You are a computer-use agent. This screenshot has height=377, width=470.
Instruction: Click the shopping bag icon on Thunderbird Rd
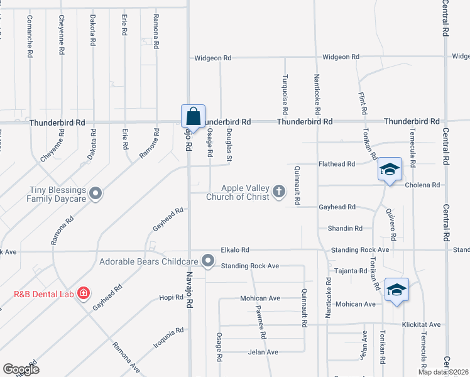(193, 116)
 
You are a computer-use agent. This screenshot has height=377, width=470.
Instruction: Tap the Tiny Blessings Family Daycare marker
(96, 193)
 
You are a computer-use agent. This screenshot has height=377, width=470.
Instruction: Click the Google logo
(21, 369)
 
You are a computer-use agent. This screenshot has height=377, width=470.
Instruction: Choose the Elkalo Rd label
(235, 249)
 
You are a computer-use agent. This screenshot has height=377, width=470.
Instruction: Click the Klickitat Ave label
(422, 325)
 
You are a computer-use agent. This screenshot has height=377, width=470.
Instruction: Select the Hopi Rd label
(170, 297)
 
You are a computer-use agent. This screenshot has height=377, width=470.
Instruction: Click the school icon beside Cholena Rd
(390, 170)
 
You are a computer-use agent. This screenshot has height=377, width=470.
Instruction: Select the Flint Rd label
(363, 101)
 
